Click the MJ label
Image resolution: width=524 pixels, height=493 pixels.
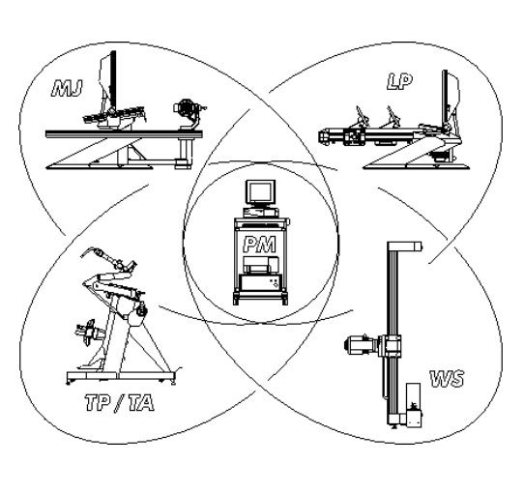[x=67, y=88]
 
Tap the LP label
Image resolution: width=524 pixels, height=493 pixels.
[x=399, y=81]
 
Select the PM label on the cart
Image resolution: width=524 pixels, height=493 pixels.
[x=260, y=244]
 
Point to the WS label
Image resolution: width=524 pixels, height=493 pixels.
[x=447, y=379]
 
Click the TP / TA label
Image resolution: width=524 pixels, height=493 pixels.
[x=120, y=402]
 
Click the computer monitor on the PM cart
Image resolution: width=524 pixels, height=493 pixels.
[x=261, y=193]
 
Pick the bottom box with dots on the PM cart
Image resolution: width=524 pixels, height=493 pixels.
[x=261, y=282]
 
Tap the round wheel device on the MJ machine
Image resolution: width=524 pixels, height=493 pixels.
[x=185, y=107]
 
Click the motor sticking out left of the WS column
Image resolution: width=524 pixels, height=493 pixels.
[x=361, y=344]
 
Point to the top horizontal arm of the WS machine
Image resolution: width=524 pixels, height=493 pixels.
[x=404, y=246]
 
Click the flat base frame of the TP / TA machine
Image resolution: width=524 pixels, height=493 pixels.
[x=121, y=377]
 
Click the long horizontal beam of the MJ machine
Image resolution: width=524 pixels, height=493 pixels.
[x=124, y=134]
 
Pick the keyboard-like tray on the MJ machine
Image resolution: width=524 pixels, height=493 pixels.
[x=114, y=114]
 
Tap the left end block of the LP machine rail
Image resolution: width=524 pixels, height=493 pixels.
[x=325, y=136]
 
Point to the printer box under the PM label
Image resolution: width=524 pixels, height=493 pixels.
[x=261, y=264]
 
